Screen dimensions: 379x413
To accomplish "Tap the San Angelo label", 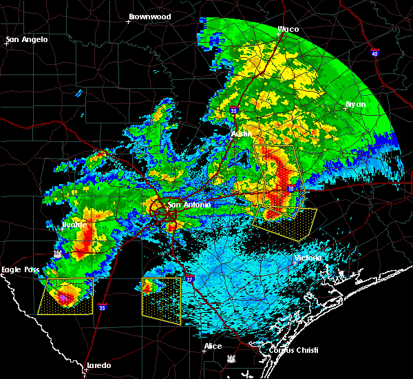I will (28, 39).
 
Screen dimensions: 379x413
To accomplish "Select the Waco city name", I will (288, 29).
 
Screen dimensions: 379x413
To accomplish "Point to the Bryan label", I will (355, 104).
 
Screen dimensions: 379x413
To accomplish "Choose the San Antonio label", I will (183, 205).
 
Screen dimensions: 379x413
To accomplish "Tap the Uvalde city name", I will (74, 225).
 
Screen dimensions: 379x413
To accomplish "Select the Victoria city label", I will (308, 258).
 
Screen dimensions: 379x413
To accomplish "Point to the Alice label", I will (213, 346).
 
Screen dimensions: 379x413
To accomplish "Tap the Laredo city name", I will (98, 365).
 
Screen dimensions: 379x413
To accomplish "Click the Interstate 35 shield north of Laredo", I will (102, 307).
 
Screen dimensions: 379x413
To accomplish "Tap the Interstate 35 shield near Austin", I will (235, 110).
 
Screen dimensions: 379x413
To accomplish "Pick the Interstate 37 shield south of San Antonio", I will (187, 279).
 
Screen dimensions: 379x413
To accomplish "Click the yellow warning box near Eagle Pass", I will (66, 296).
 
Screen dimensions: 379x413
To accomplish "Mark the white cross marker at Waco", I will (279, 32).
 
